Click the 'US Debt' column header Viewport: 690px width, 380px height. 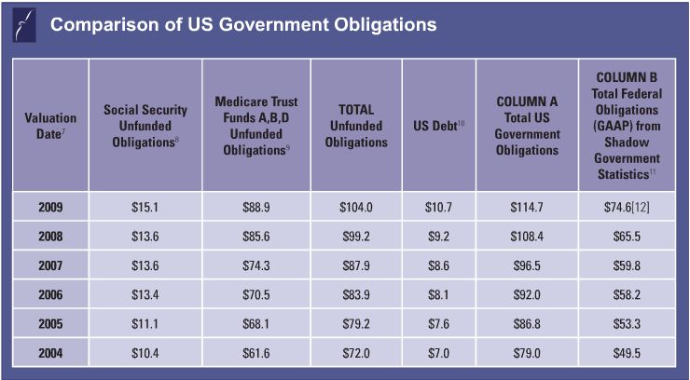pyautogui.click(x=438, y=125)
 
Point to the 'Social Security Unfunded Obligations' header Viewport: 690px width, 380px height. pyautogui.click(x=145, y=125)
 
